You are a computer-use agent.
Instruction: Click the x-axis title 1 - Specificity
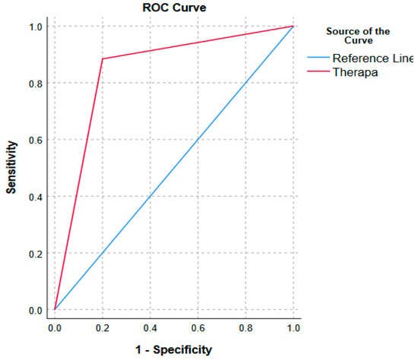pos(174,349)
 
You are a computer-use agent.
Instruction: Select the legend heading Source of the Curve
pos(356,35)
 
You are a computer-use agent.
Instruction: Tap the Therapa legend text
pos(354,71)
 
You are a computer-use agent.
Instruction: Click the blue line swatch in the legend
pos(318,58)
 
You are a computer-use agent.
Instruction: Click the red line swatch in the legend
pos(318,71)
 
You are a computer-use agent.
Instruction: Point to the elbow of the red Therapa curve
pos(103,58)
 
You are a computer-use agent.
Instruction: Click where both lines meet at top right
pos(293,26)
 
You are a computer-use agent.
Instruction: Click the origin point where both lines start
pos(55,309)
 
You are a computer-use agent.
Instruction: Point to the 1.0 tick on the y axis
pos(36,27)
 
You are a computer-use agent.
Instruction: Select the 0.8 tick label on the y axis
pos(36,83)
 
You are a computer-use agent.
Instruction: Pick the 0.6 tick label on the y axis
pos(36,140)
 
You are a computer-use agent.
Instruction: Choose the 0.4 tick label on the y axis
pos(36,197)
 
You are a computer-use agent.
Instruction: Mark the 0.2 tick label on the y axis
pos(36,253)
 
